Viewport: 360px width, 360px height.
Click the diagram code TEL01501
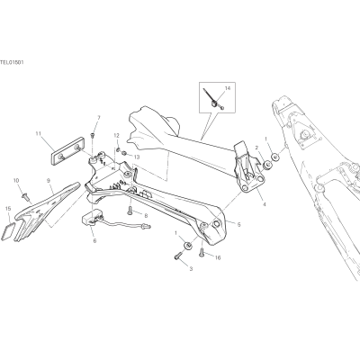tap(12, 62)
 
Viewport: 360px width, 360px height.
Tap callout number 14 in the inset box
tap(228, 88)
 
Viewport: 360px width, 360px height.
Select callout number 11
tap(38, 133)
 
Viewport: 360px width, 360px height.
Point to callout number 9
tap(49, 180)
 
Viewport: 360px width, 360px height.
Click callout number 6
tap(94, 240)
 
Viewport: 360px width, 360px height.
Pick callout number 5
tap(238, 224)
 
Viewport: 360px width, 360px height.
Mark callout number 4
tap(264, 204)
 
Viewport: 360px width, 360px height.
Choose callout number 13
tap(137, 157)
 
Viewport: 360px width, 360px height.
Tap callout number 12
tap(117, 136)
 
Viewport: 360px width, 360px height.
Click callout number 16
tap(218, 257)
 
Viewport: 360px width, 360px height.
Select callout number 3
tap(191, 269)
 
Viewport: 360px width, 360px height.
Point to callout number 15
tap(8, 208)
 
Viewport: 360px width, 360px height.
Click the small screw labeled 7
tap(93, 136)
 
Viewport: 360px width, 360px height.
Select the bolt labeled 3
tap(177, 256)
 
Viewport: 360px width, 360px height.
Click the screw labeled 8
tap(130, 211)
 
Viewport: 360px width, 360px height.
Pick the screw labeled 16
tap(202, 252)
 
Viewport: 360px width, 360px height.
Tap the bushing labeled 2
tap(265, 166)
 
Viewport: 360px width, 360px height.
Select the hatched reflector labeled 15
tap(8, 231)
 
